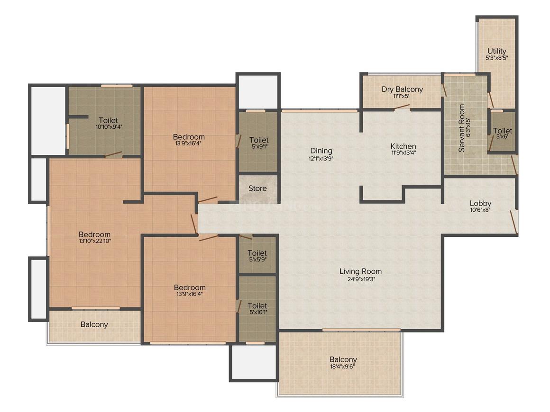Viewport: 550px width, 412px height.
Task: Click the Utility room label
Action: [x=496, y=51]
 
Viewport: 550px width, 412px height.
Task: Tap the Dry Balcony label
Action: [x=402, y=89]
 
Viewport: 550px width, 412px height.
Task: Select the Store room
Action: [x=257, y=188]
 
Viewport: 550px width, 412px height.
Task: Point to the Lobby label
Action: [x=480, y=204]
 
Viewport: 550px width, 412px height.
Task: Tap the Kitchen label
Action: [x=403, y=146]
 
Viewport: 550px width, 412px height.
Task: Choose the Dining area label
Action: [x=321, y=151]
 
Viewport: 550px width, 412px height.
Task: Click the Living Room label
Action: [x=360, y=271]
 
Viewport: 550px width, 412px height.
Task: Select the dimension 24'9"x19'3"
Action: [x=361, y=279]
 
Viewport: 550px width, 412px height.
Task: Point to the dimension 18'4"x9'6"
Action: [x=343, y=367]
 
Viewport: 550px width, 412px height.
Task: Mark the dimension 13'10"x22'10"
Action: [x=94, y=241]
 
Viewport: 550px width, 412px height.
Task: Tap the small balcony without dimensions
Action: [x=94, y=324]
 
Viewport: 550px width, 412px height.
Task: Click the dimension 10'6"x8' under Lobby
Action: [x=480, y=211]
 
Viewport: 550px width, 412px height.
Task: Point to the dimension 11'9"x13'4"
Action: [x=403, y=153]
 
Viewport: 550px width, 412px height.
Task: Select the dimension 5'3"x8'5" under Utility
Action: [x=496, y=58]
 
